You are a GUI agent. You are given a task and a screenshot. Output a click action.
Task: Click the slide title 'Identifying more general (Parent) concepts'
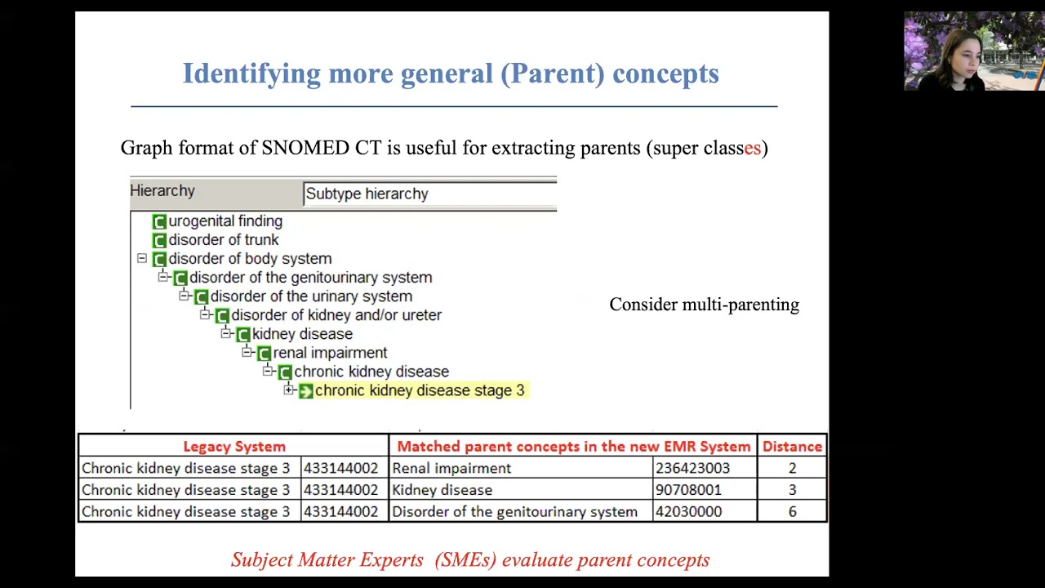pyautogui.click(x=450, y=73)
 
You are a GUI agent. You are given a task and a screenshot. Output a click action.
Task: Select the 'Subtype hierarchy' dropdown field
pyautogui.click(x=429, y=194)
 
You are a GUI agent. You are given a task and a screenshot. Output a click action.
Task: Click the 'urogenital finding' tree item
pyautogui.click(x=225, y=221)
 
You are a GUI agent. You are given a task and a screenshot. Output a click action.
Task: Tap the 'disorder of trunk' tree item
pyautogui.click(x=223, y=240)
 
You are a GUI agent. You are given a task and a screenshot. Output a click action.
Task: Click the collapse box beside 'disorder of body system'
pyautogui.click(x=142, y=258)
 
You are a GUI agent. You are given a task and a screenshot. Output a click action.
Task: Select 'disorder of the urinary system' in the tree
pyautogui.click(x=310, y=296)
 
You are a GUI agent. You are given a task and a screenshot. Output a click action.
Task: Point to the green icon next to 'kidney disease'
pyautogui.click(x=242, y=334)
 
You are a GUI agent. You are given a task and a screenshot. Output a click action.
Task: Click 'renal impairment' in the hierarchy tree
pyautogui.click(x=330, y=353)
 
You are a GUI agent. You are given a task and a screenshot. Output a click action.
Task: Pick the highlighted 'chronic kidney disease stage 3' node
pyautogui.click(x=419, y=390)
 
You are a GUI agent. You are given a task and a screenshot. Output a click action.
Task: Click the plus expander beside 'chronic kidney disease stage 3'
pyautogui.click(x=288, y=390)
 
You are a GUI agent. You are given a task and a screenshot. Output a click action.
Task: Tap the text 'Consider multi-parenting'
pyautogui.click(x=704, y=305)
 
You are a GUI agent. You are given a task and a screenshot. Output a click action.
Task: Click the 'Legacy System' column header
pyautogui.click(x=233, y=447)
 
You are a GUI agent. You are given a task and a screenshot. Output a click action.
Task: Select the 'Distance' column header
pyautogui.click(x=792, y=447)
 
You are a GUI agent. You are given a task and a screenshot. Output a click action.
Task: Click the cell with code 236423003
pyautogui.click(x=692, y=469)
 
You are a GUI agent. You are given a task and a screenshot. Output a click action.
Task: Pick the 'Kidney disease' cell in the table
pyautogui.click(x=442, y=490)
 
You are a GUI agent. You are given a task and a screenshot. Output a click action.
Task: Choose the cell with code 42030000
pyautogui.click(x=688, y=512)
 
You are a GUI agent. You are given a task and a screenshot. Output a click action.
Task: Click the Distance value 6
pyautogui.click(x=792, y=512)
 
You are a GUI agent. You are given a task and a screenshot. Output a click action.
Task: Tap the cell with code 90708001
pyautogui.click(x=688, y=490)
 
